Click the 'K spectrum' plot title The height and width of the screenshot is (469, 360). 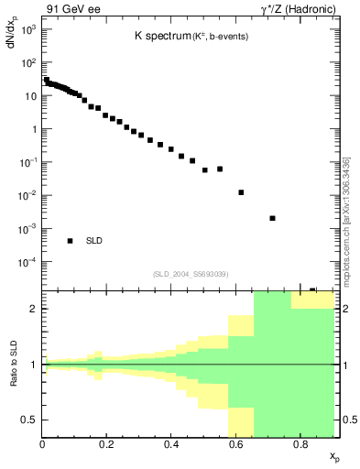click(x=163, y=38)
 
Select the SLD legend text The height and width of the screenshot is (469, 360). click(x=94, y=241)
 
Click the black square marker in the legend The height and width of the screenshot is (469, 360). click(x=70, y=241)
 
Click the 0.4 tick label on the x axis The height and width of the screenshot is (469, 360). click(x=171, y=444)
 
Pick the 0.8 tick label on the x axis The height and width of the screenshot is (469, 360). click(x=300, y=444)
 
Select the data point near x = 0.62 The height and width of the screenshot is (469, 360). click(x=241, y=192)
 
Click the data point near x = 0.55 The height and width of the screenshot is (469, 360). click(x=220, y=169)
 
